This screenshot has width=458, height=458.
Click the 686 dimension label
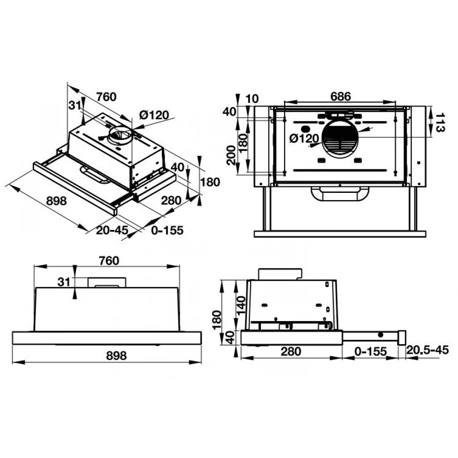[x=340, y=96]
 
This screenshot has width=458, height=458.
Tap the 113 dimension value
[x=440, y=123]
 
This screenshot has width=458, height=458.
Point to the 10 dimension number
[x=252, y=99]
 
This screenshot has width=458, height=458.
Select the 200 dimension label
[x=231, y=155]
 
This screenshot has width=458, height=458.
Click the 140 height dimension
[x=241, y=305]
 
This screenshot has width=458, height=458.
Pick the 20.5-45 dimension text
[x=427, y=350]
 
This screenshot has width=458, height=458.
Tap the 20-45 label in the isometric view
[x=112, y=230]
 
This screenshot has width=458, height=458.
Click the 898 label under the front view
[x=116, y=355]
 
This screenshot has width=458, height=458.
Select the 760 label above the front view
[x=109, y=261]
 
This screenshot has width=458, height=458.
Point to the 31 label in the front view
[x=64, y=282]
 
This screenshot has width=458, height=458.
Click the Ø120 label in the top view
[x=304, y=138]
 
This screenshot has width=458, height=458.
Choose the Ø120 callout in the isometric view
[x=154, y=115]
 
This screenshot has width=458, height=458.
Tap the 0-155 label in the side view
[x=370, y=351]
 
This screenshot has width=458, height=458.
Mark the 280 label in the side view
[x=291, y=351]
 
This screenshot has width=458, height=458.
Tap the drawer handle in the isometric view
[x=95, y=176]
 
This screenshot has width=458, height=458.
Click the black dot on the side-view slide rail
[x=380, y=335]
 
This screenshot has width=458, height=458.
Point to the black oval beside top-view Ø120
[x=305, y=129]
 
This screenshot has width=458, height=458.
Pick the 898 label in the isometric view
[x=56, y=201]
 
